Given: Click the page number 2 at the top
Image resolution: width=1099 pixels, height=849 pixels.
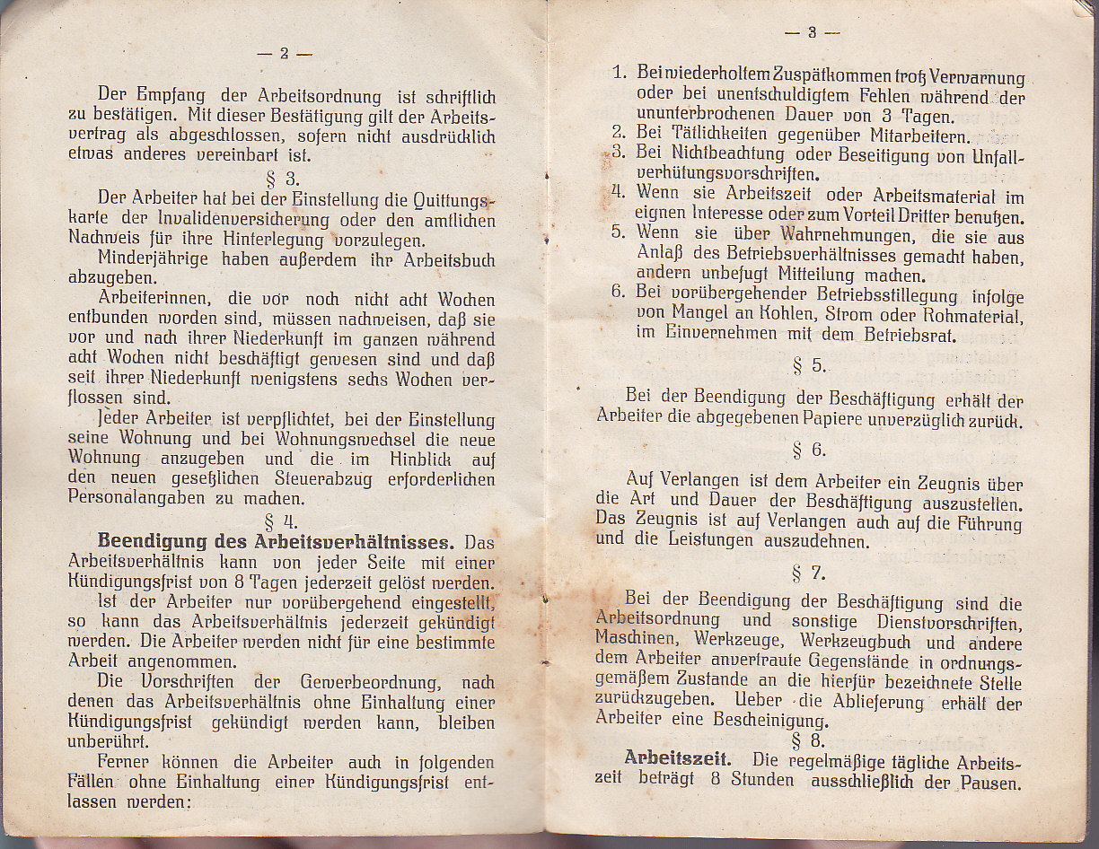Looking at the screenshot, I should pyautogui.click(x=284, y=54).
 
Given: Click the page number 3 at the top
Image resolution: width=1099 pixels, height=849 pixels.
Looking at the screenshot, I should pyautogui.click(x=812, y=33).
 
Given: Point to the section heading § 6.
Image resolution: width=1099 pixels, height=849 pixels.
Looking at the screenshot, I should pyautogui.click(x=809, y=451).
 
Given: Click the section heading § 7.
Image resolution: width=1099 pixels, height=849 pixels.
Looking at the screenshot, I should pyautogui.click(x=809, y=572).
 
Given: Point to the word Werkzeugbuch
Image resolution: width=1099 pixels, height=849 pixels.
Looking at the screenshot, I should pyautogui.click(x=856, y=643).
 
